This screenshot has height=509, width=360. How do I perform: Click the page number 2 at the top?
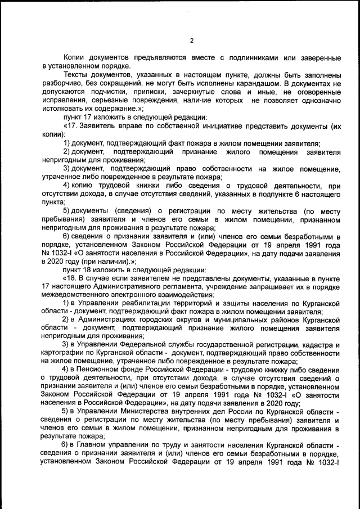click(192, 40)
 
